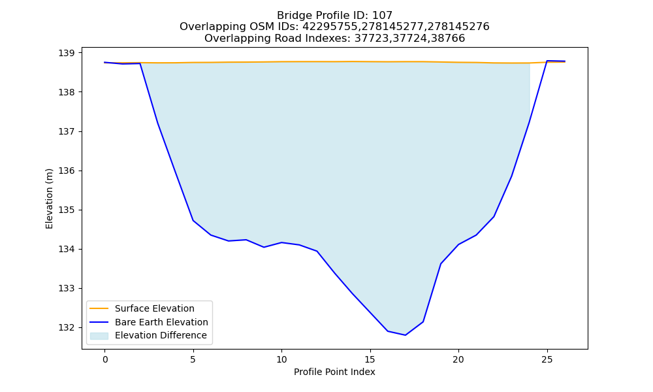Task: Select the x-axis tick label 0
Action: [x=105, y=359]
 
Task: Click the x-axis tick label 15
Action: [x=370, y=359]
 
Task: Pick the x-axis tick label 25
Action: [x=547, y=359]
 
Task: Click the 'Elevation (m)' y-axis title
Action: [x=49, y=199]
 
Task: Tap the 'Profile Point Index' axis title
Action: [x=334, y=372]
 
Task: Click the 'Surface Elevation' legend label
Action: [x=155, y=308]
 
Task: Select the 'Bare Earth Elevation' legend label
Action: [x=161, y=322]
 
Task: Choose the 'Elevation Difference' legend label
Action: [x=161, y=335]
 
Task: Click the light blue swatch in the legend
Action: [x=99, y=336]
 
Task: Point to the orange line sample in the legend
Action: [x=99, y=308]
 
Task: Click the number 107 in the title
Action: [x=382, y=16]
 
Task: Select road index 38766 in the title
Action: [x=447, y=39]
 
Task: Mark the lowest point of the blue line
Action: [x=406, y=335]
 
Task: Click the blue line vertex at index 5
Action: [x=193, y=220]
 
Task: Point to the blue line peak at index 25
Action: [x=547, y=61]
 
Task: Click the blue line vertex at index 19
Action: [x=441, y=264]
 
